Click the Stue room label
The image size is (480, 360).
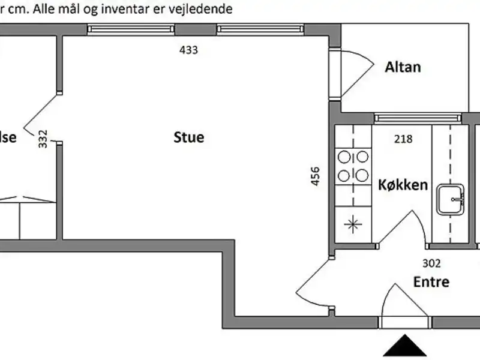coord(189,137)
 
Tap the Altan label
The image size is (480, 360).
coord(403,67)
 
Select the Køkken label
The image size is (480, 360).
coord(403,184)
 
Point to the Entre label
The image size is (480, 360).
coord(431,281)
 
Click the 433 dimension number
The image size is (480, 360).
coord(188,50)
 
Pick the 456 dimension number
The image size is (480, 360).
coord(316,177)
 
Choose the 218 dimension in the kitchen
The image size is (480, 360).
coord(403,140)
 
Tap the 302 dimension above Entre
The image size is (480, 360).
coord(431,263)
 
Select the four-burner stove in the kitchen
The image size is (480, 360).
coord(353,166)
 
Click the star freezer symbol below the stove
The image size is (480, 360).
coord(353,225)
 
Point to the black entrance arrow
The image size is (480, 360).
coord(406,347)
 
